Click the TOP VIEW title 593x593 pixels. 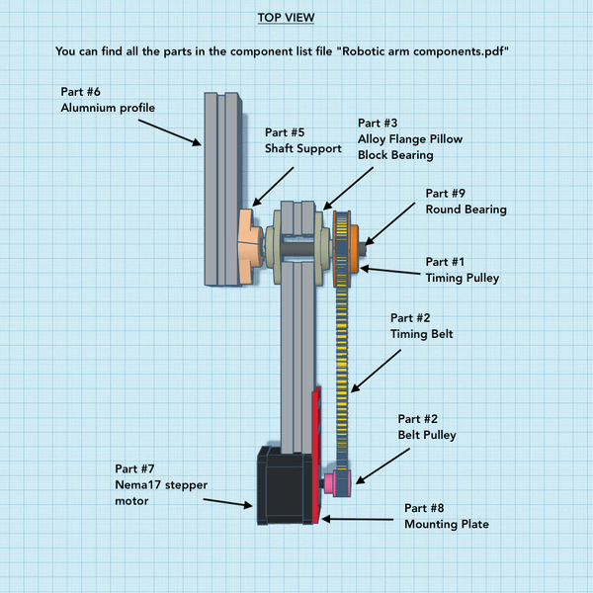pos(296,18)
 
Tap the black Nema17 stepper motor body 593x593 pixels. pos(282,484)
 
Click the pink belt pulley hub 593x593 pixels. pos(328,482)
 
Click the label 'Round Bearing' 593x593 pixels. pos(466,210)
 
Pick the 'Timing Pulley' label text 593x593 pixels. pos(463,278)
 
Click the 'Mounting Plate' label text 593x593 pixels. pos(446,524)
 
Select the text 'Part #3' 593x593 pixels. pos(378,124)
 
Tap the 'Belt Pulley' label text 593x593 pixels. pos(426,434)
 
